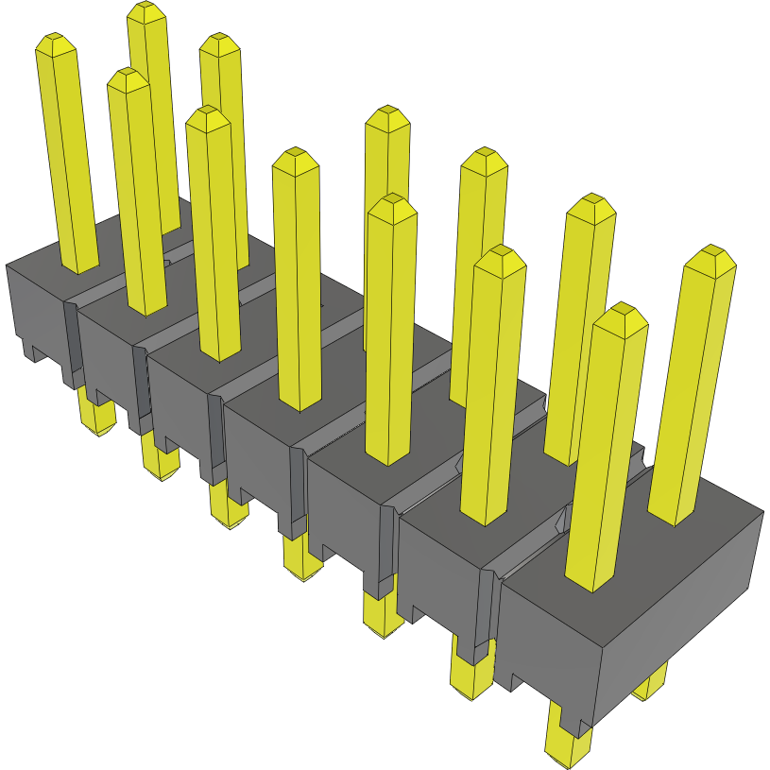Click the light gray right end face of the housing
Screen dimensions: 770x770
point(680,605)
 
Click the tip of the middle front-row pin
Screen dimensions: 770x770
point(296,157)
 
